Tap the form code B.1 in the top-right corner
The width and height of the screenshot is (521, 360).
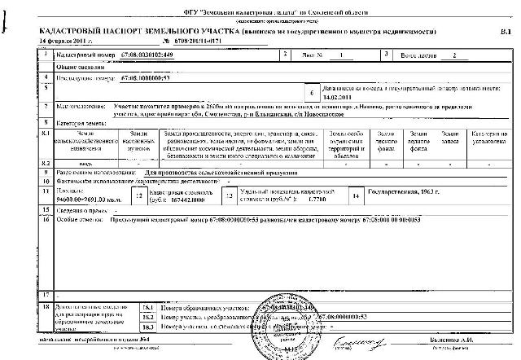point(503,29)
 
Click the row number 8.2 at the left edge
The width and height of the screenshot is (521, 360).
point(46,164)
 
